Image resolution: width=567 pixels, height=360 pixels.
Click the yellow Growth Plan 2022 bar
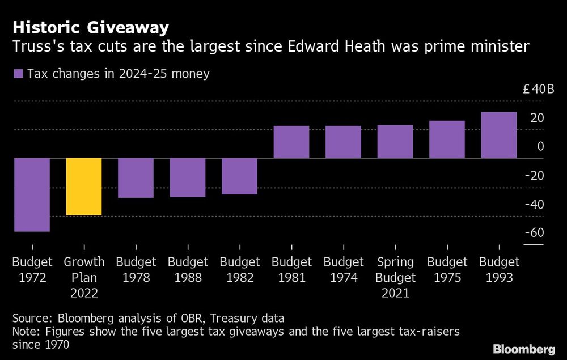click(x=84, y=187)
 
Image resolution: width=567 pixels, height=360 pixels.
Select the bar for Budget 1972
click(x=32, y=194)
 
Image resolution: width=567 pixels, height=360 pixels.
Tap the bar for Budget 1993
click(x=499, y=135)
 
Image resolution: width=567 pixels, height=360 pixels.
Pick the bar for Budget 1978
click(x=136, y=178)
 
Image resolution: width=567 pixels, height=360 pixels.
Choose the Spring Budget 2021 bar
click(x=395, y=142)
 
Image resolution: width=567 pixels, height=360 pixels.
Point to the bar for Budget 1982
click(x=240, y=176)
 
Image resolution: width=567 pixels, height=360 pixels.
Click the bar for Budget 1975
click(x=447, y=139)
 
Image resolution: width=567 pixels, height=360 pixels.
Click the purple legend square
click(x=18, y=74)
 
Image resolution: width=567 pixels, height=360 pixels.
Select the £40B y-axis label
click(x=534, y=89)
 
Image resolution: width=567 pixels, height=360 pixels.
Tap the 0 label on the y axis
click(x=541, y=146)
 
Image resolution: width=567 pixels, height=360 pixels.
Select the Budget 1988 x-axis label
click(x=188, y=270)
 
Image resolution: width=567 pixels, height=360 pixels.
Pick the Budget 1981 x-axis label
click(x=291, y=270)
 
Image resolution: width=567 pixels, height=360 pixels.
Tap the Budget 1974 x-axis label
click(x=344, y=270)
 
